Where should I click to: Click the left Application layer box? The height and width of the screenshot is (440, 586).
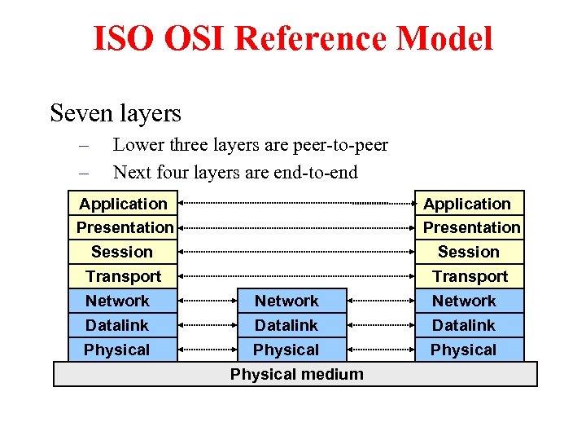pyautogui.click(x=123, y=204)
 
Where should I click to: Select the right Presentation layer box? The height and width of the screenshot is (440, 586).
pyautogui.click(x=471, y=227)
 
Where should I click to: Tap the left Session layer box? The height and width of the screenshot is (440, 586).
pyautogui.click(x=122, y=252)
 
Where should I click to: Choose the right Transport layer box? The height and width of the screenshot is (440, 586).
pyautogui.click(x=470, y=276)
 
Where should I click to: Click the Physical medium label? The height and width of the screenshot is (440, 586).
pyautogui.click(x=296, y=374)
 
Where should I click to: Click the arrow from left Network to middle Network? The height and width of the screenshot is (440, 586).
pyautogui.click(x=207, y=301)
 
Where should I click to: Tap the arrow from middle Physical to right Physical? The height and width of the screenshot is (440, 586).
pyautogui.click(x=381, y=350)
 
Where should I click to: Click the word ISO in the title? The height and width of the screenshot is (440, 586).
pyautogui.click(x=122, y=38)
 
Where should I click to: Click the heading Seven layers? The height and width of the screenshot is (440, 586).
pyautogui.click(x=116, y=112)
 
